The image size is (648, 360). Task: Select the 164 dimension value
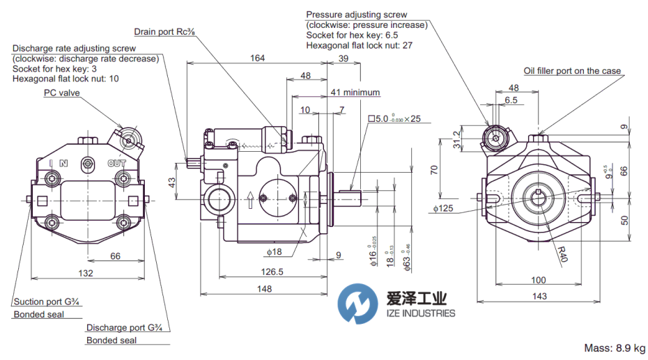[257, 58]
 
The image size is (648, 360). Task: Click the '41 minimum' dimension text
[355, 92]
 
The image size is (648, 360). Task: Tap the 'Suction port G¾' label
[45, 302]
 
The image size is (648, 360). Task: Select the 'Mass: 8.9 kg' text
[614, 347]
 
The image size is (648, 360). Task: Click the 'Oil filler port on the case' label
[571, 71]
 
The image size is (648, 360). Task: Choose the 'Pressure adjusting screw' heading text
[356, 15]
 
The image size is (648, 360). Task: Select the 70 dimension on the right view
[434, 170]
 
